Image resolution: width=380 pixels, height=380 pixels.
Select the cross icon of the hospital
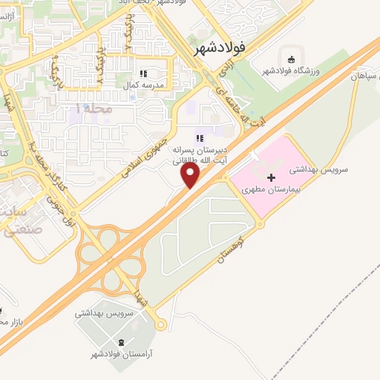[x=271, y=177]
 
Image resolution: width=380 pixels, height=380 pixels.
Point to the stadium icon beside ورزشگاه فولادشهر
[x=292, y=59]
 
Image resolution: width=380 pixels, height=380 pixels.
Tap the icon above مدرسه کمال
[x=143, y=73]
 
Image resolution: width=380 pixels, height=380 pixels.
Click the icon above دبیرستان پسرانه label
[x=198, y=137]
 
